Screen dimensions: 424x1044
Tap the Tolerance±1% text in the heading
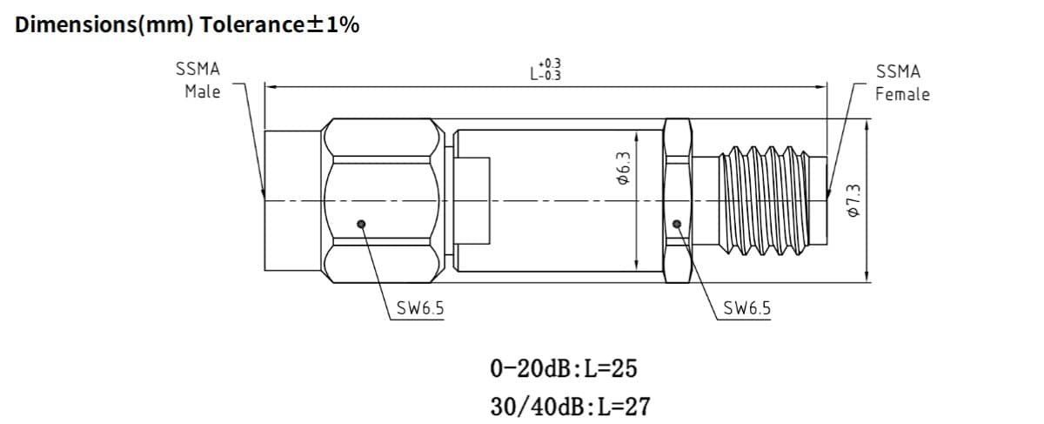point(279,24)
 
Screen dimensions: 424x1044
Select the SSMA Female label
point(901,83)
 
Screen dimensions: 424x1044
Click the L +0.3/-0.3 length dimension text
point(545,70)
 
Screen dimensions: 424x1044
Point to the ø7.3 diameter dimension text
point(853,201)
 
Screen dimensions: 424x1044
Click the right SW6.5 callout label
point(746,308)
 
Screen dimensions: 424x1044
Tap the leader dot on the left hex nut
point(362,225)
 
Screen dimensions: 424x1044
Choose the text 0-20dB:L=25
point(563,368)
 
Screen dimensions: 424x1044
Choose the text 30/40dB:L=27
point(569,406)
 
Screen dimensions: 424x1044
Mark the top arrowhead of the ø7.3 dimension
point(867,124)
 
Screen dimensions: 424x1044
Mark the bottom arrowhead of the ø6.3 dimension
point(639,267)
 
